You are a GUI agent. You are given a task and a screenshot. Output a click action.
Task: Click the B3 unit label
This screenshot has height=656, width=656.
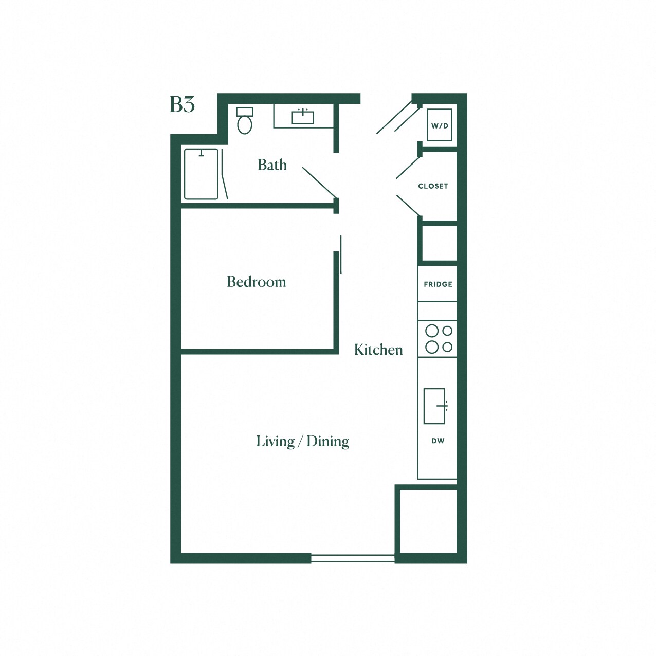click(182, 104)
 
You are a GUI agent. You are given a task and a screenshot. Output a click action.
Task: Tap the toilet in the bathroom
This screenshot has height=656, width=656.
click(245, 121)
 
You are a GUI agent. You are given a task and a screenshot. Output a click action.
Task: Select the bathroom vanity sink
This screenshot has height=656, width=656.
click(303, 117)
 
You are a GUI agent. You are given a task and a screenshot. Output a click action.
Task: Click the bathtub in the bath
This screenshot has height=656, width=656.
click(201, 174)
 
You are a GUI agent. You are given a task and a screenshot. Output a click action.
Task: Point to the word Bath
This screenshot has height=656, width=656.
click(272, 165)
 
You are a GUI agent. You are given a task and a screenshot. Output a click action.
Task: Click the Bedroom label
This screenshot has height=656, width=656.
click(256, 282)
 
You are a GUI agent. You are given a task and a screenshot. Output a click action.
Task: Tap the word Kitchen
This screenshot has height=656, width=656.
click(378, 350)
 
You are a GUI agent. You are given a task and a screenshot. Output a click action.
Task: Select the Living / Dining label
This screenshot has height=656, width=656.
click(302, 441)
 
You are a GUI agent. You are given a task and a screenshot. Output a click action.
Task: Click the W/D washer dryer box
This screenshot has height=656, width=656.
click(440, 125)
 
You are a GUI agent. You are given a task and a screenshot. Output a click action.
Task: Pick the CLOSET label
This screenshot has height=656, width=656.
click(433, 186)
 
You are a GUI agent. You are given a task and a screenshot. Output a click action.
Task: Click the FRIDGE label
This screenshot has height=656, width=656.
click(438, 284)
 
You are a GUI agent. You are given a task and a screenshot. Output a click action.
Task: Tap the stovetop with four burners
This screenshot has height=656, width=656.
click(438, 339)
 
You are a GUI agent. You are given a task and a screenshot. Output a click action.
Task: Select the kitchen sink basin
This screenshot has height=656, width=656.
click(434, 406)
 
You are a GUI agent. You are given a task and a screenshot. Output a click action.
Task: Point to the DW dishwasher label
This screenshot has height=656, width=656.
click(438, 441)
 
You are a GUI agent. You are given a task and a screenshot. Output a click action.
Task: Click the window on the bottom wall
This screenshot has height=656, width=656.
click(353, 558)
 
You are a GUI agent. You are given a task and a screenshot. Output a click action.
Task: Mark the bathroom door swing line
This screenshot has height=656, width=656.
click(319, 183)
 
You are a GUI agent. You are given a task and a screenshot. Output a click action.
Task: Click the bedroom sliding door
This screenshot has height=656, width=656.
click(340, 255)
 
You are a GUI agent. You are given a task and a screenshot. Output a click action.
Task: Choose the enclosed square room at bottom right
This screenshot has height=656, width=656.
click(428, 521)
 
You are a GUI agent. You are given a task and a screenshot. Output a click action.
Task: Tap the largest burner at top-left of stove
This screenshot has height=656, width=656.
click(432, 331)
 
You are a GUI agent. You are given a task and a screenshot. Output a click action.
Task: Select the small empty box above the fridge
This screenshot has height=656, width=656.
click(439, 243)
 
